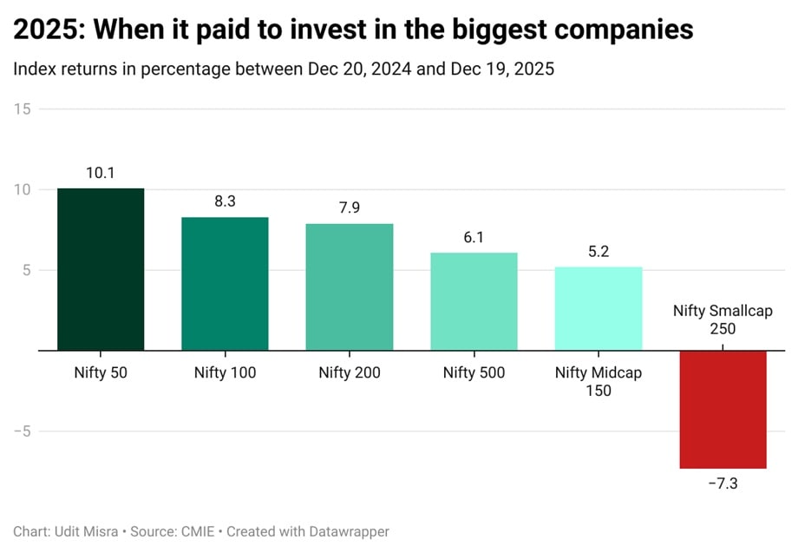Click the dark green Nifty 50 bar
(x=101, y=269)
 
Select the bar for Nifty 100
(x=225, y=284)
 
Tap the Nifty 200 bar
(x=349, y=287)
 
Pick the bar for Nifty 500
(x=474, y=301)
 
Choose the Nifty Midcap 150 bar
(x=598, y=309)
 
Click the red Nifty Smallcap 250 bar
(x=723, y=409)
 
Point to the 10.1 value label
(x=101, y=173)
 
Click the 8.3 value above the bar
(x=225, y=201)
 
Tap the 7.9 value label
(x=349, y=208)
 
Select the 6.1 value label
(x=474, y=237)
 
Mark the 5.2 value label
(x=598, y=252)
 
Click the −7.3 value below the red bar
(x=723, y=484)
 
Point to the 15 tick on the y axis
(x=23, y=109)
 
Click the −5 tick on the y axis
(x=21, y=431)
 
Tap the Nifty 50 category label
(x=101, y=373)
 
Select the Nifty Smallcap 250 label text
(x=723, y=319)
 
